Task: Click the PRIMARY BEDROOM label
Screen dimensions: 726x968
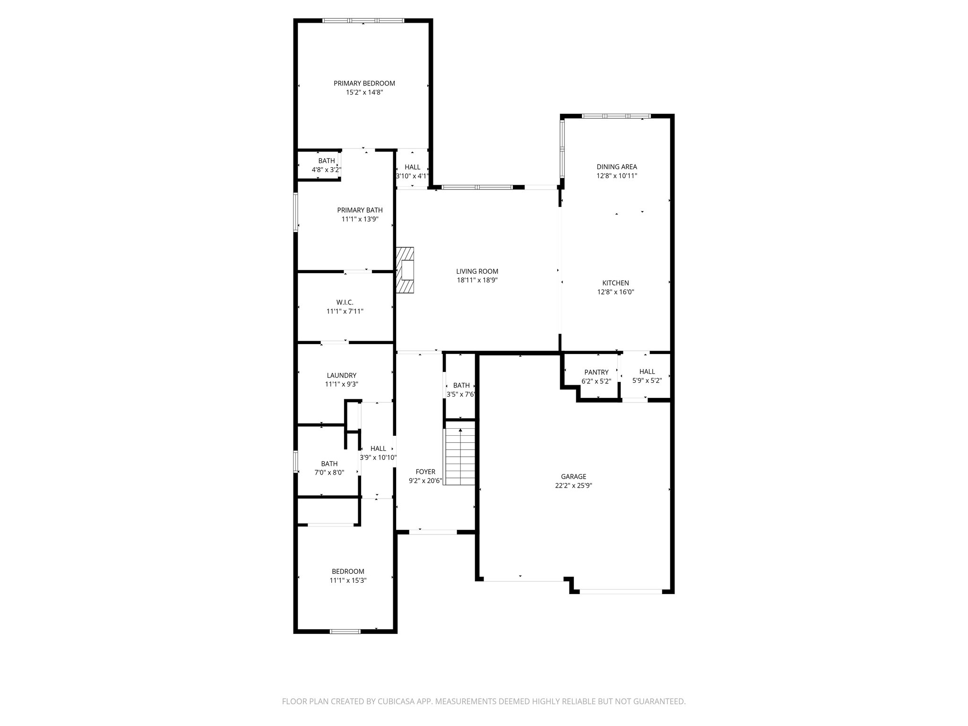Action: click(x=364, y=83)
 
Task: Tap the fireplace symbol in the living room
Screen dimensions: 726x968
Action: click(x=406, y=270)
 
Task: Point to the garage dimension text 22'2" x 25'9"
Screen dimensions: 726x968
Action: click(x=573, y=485)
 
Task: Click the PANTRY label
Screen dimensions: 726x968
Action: click(x=596, y=372)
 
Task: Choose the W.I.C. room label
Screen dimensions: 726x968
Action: click(x=345, y=302)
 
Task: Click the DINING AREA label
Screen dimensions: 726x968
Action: click(x=616, y=166)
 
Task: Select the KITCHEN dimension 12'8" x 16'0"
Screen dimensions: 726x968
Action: click(x=615, y=292)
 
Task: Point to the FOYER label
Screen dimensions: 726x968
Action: click(x=425, y=472)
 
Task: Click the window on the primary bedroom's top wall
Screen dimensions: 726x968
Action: click(x=363, y=20)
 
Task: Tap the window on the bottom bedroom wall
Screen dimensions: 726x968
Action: click(x=345, y=631)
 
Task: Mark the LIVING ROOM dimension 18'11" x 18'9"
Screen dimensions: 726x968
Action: click(x=477, y=280)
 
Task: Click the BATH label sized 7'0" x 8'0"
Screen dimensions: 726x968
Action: click(x=329, y=464)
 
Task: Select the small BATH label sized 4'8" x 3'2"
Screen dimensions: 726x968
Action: click(x=326, y=161)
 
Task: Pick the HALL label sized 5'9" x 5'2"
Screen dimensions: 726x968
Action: click(x=647, y=372)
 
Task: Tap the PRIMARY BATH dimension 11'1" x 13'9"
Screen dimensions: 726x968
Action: click(x=360, y=219)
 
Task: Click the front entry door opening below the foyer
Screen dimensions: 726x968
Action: click(x=432, y=532)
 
